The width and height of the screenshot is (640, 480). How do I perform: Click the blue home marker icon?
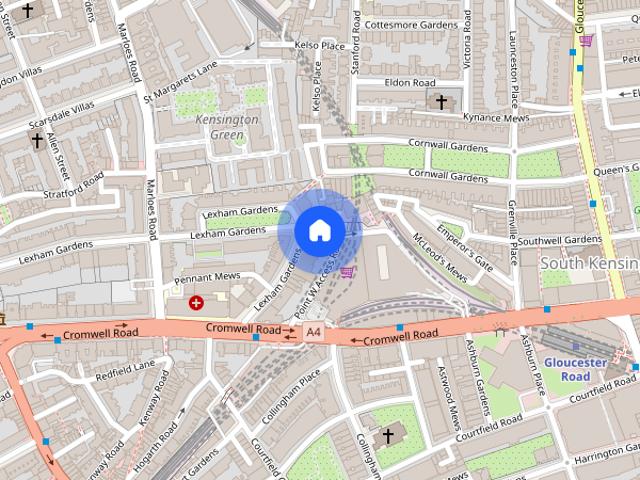pos(319,231)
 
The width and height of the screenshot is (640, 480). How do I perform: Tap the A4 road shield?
pos(314,331)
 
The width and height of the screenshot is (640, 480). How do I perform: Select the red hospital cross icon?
pos(196,301)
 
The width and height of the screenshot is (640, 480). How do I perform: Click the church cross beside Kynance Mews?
pos(440,101)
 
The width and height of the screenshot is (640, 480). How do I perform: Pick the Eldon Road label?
pos(413,83)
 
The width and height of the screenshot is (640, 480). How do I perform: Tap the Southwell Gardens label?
pos(559,240)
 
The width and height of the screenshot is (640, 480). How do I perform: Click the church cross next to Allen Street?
pos(37,141)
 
